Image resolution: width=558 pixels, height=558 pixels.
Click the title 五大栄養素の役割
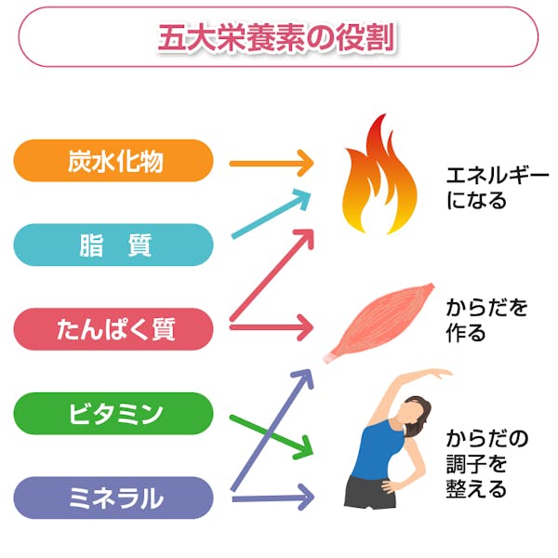coord(278,37)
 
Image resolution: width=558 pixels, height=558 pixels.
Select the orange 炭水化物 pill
coord(113,161)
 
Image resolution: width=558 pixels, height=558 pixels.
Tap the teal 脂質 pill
coord(113,246)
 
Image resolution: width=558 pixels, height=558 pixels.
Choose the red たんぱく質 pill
coord(113,329)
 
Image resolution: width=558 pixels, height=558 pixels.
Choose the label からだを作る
coord(485,319)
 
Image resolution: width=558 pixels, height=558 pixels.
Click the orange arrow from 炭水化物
coord(270,164)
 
